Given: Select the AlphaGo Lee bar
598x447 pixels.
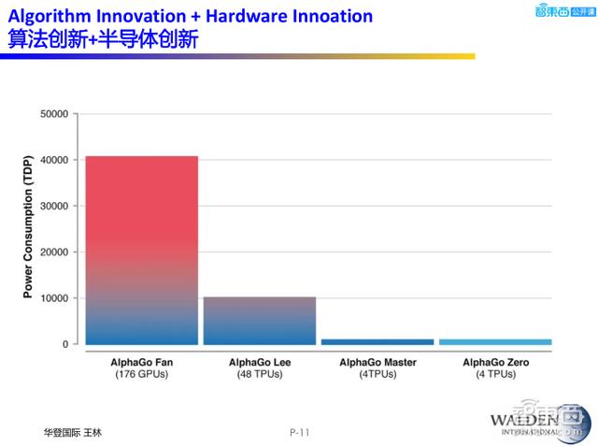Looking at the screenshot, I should pyautogui.click(x=260, y=320).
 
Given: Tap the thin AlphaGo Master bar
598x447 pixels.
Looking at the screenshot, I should pyautogui.click(x=377, y=341).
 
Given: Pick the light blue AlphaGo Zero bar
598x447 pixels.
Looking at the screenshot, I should pyautogui.click(x=495, y=341).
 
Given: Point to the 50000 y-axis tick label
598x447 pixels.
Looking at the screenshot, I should pyautogui.click(x=53, y=114).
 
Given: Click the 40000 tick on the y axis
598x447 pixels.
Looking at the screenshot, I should pyautogui.click(x=53, y=160).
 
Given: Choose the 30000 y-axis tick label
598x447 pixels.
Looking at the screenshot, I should pyautogui.click(x=53, y=206).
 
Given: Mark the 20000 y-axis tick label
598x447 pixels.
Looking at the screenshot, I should pyautogui.click(x=53, y=252).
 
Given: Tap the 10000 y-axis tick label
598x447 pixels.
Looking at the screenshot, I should pyautogui.click(x=53, y=298).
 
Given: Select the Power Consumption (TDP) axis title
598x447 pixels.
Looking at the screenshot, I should pyautogui.click(x=27, y=228).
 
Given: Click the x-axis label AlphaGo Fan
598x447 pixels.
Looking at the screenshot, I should pyautogui.click(x=141, y=362).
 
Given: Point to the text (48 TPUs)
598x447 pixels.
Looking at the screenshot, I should pyautogui.click(x=260, y=374).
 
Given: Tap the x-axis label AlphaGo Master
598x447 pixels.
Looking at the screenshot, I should pyautogui.click(x=377, y=362).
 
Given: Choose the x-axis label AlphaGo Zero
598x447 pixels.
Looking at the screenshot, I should pyautogui.click(x=495, y=362).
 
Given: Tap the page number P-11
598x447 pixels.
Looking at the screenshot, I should pyautogui.click(x=299, y=432).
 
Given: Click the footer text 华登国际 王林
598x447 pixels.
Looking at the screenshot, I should pyautogui.click(x=72, y=433).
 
